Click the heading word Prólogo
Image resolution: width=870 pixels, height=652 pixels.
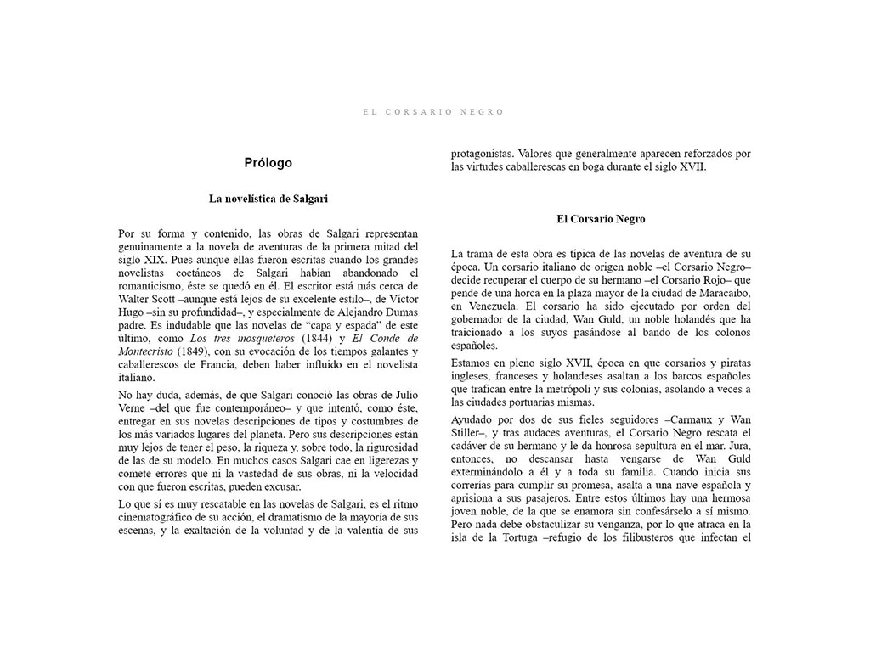tap(268, 163)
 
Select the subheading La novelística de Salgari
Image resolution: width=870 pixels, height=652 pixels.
tap(268, 199)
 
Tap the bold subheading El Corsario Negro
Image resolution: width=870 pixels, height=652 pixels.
tap(601, 219)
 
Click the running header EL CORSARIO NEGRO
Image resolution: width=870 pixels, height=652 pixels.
tap(433, 112)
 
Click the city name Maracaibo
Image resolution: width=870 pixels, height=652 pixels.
tap(720, 293)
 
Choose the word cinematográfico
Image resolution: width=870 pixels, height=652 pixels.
tap(161, 517)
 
